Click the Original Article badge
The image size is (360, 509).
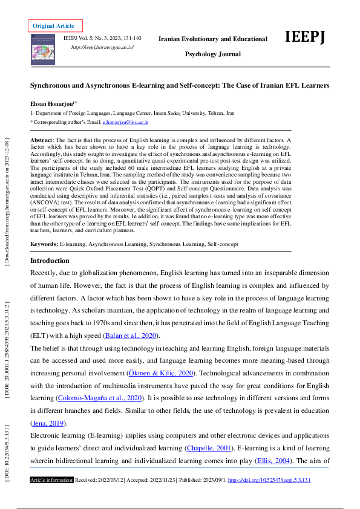[x=53, y=26]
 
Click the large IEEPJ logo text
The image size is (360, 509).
[x=305, y=37]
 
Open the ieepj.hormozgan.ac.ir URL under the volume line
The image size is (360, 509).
[x=102, y=47]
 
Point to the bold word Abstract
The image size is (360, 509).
[x=42, y=140]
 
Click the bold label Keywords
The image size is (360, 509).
[x=44, y=244]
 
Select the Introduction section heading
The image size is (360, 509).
[x=50, y=261]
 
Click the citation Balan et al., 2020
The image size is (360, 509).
[x=131, y=336]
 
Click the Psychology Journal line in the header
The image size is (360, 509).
[x=212, y=54]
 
